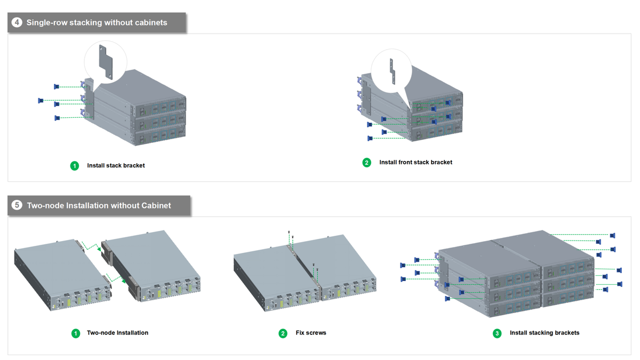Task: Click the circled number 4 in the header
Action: [17, 22]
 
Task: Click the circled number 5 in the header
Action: [17, 205]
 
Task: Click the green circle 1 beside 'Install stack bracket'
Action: [75, 166]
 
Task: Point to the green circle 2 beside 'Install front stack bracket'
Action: [366, 163]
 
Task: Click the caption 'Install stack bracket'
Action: [116, 165]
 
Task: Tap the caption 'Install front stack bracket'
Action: [415, 162]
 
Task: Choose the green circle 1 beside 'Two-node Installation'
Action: [75, 333]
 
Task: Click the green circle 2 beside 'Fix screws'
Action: [283, 333]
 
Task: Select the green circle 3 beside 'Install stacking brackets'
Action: [497, 333]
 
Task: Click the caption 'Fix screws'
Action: [311, 333]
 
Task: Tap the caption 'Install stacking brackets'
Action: [545, 333]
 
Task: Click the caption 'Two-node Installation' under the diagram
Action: [117, 333]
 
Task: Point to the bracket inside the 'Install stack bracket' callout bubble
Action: [106, 62]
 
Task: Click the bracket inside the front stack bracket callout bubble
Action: [393, 71]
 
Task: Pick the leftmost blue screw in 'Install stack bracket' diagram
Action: [41, 101]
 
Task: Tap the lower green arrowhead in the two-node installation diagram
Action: [123, 281]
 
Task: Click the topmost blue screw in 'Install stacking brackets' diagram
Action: [613, 235]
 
